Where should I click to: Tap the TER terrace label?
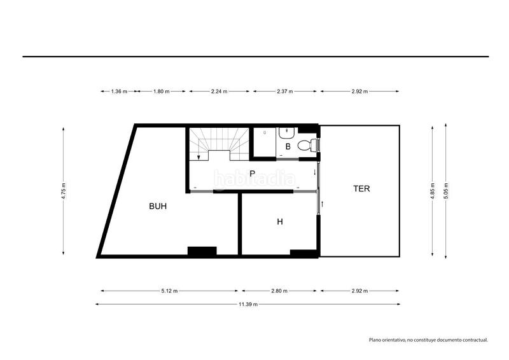coord(362,188)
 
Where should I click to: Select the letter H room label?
coord(279,222)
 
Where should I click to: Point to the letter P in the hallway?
coord(253,173)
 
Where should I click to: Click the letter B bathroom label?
coord(288,146)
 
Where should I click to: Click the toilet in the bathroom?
coord(307,145)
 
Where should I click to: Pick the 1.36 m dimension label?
coord(119,92)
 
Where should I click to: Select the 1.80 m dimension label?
coord(161,92)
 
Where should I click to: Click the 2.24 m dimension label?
coord(220,92)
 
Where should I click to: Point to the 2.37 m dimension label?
coord(284,92)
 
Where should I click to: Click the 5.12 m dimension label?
coord(169,291)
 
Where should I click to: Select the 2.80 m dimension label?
coord(280,291)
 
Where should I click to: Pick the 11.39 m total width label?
coord(248,305)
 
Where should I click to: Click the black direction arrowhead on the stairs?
coord(199,157)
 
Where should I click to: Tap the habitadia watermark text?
coord(254,179)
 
